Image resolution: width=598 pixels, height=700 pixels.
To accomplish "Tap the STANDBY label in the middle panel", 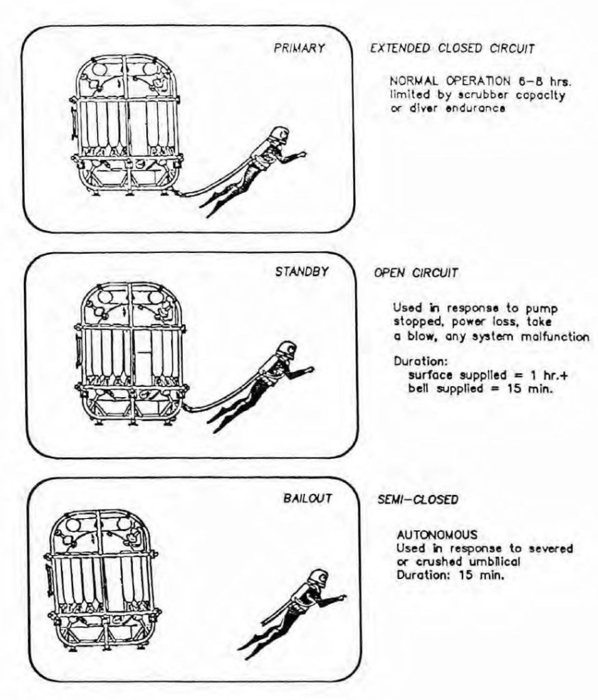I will point(302,271).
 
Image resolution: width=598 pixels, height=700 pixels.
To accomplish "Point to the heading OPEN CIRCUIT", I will point(415,273).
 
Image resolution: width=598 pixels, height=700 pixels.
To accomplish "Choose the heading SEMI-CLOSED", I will point(417,500).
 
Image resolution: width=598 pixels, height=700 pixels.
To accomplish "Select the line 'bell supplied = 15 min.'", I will point(480,392).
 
